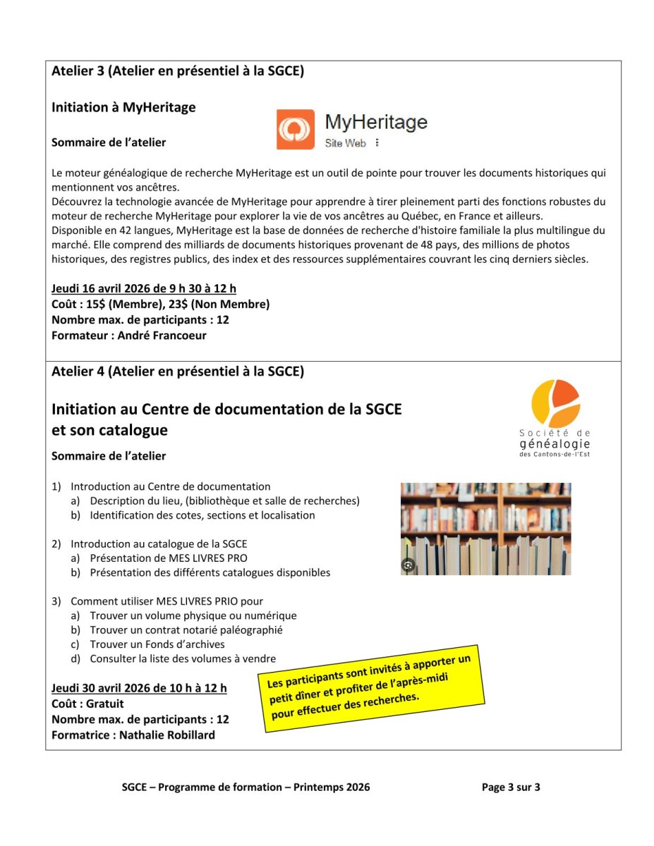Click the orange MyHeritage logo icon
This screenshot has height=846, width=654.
tap(296, 129)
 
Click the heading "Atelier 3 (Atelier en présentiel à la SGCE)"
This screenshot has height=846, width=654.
tap(178, 71)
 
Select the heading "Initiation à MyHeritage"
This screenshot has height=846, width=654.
tap(123, 108)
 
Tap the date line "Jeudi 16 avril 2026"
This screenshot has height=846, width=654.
tap(144, 288)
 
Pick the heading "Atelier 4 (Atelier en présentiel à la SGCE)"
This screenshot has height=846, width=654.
tap(178, 372)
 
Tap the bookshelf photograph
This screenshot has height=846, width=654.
tap(485, 528)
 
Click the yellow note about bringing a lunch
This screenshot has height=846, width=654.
tap(375, 688)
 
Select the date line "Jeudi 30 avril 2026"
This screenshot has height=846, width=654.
tap(139, 687)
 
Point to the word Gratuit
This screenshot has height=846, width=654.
tap(104, 704)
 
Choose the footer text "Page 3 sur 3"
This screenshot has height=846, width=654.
tap(511, 787)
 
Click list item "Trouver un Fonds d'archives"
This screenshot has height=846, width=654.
tap(157, 644)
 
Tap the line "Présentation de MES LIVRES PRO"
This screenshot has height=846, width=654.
tap(168, 558)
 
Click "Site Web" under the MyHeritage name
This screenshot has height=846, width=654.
tap(345, 143)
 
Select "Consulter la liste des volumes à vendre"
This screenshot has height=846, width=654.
tap(182, 659)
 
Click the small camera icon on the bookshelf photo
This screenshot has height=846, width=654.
tap(408, 565)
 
